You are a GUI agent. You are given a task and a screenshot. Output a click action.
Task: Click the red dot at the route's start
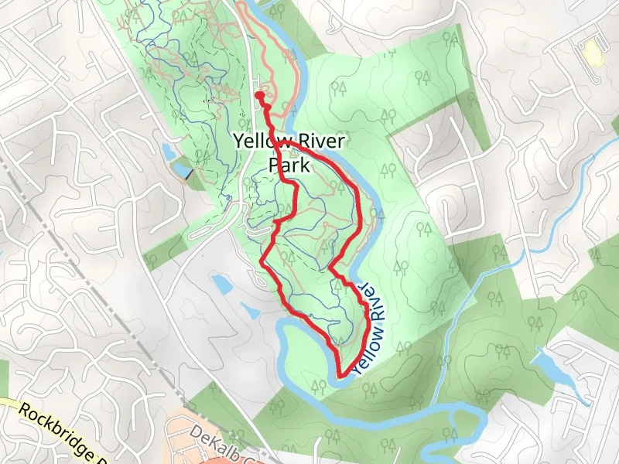coord(258,95)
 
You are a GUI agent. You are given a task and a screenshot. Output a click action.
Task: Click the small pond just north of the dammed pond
coord(169,149)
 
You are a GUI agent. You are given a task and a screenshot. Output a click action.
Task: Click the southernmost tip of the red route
coord(340,377)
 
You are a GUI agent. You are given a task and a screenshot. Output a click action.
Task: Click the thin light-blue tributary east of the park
coord(480,286)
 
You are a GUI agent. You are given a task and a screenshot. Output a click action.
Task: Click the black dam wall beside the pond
coord(190,175)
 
